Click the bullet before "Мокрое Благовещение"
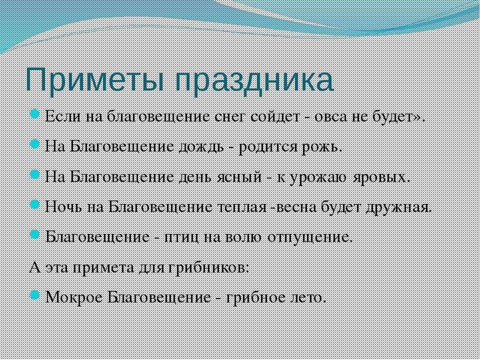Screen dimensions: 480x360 click(34, 295)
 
